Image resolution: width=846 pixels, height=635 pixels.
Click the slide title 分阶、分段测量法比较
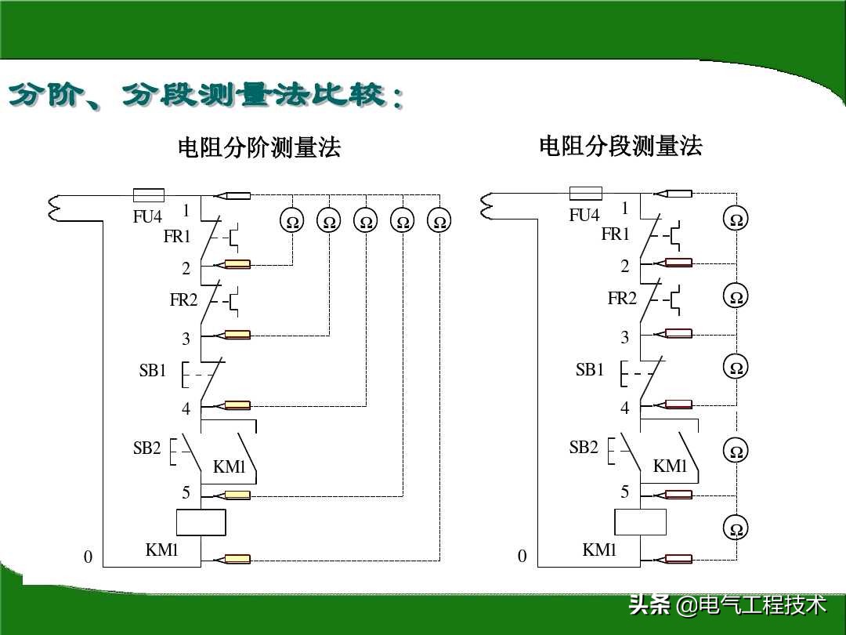(x=205, y=97)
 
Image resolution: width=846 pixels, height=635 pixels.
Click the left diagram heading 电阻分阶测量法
(x=259, y=147)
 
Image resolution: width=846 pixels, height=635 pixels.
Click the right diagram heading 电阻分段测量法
(x=620, y=146)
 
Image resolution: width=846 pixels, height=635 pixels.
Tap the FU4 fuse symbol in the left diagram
(x=148, y=194)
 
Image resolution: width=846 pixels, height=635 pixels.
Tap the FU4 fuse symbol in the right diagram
(x=585, y=193)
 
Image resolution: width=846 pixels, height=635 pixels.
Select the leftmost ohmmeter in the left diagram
(x=292, y=222)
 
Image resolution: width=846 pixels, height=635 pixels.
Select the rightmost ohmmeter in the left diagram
(x=439, y=222)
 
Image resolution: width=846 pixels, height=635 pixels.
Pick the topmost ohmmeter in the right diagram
(x=736, y=220)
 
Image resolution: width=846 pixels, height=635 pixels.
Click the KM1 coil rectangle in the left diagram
(x=201, y=522)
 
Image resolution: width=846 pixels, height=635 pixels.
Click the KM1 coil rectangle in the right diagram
(x=640, y=521)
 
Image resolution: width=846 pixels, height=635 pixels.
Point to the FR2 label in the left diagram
(x=184, y=299)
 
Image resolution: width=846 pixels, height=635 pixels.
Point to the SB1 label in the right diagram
(x=590, y=370)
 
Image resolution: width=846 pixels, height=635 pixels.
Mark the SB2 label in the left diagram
(x=146, y=448)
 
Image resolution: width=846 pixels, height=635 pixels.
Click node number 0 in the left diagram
(x=88, y=557)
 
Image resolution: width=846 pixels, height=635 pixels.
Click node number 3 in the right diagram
(x=625, y=338)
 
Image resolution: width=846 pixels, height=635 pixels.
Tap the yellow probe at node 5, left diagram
(x=236, y=495)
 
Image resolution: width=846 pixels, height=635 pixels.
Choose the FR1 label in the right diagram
(x=616, y=234)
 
